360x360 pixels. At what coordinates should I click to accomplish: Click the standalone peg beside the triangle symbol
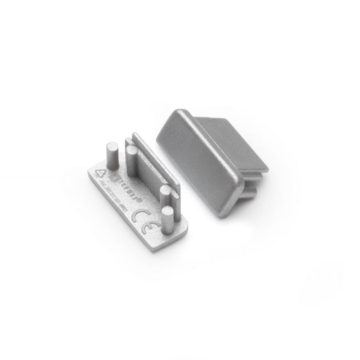pyautogui.click(x=112, y=156)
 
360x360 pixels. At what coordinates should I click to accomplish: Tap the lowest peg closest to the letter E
pyautogui.click(x=167, y=219)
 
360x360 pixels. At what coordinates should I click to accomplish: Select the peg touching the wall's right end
pyautogui.click(x=166, y=197)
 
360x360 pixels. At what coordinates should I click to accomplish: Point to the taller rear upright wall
pyautogui.click(x=153, y=153)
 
